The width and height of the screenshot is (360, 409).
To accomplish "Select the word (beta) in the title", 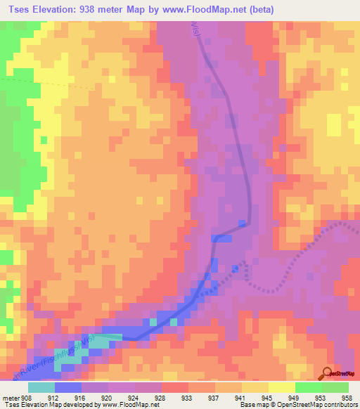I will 259,10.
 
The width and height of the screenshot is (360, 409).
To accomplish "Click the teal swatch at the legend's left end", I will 41,387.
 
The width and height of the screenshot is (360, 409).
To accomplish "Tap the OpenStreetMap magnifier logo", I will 328,372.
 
